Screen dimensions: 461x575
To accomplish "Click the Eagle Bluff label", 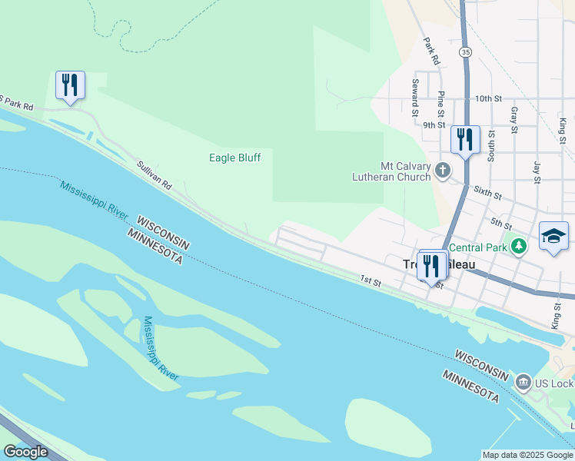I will pyautogui.click(x=235, y=158).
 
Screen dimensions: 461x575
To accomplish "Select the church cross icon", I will pyautogui.click(x=443, y=170).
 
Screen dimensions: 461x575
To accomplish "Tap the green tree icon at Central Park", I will pyautogui.click(x=520, y=246).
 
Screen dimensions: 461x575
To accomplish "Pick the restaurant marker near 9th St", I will pyautogui.click(x=465, y=140).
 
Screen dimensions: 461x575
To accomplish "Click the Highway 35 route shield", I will pyautogui.click(x=465, y=51).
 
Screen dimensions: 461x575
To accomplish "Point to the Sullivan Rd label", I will pyautogui.click(x=154, y=176).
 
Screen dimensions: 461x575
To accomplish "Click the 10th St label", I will pyautogui.click(x=488, y=99).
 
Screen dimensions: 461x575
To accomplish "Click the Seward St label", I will pyautogui.click(x=415, y=96).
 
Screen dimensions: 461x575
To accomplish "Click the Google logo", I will pyautogui.click(x=25, y=452).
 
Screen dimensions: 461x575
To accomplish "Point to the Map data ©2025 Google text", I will pyautogui.click(x=527, y=455).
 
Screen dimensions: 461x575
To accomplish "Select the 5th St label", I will pyautogui.click(x=501, y=224).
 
